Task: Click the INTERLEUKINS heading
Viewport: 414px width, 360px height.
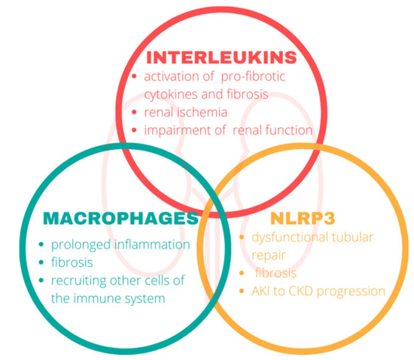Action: [x=221, y=57]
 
